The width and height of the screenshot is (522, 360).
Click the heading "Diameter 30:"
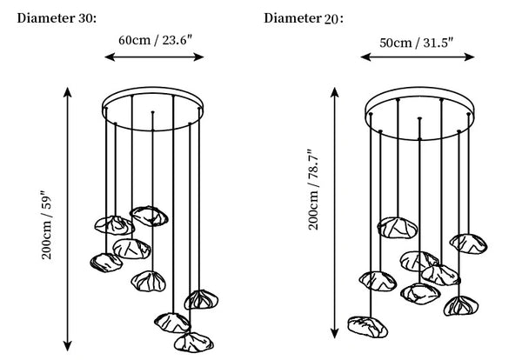57,18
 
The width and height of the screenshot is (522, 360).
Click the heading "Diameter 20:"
304,18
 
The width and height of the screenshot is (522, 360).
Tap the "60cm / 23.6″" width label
156,40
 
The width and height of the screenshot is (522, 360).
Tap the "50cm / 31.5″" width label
417,43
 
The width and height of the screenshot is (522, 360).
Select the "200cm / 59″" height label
47,225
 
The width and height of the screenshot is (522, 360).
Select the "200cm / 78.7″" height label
313,190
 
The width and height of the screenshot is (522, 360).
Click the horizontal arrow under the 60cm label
154,57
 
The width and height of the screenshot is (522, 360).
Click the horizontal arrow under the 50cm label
418,57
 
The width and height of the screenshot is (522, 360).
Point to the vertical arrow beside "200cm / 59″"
68,219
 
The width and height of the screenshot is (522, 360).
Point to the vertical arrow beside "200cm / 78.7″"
335,213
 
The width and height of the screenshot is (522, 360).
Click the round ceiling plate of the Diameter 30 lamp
153,89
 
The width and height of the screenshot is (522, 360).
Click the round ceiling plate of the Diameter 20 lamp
419,89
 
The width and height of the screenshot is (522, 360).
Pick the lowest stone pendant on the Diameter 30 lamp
194,343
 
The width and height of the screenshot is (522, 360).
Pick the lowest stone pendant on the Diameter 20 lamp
367,327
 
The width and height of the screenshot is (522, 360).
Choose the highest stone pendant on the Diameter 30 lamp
149,217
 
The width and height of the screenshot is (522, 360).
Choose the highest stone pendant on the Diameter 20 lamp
398,228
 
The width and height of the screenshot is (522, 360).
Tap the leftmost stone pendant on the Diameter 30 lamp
106,263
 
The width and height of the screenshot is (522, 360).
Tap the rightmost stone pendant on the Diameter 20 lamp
468,243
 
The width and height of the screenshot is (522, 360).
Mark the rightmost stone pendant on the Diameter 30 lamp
201,299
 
